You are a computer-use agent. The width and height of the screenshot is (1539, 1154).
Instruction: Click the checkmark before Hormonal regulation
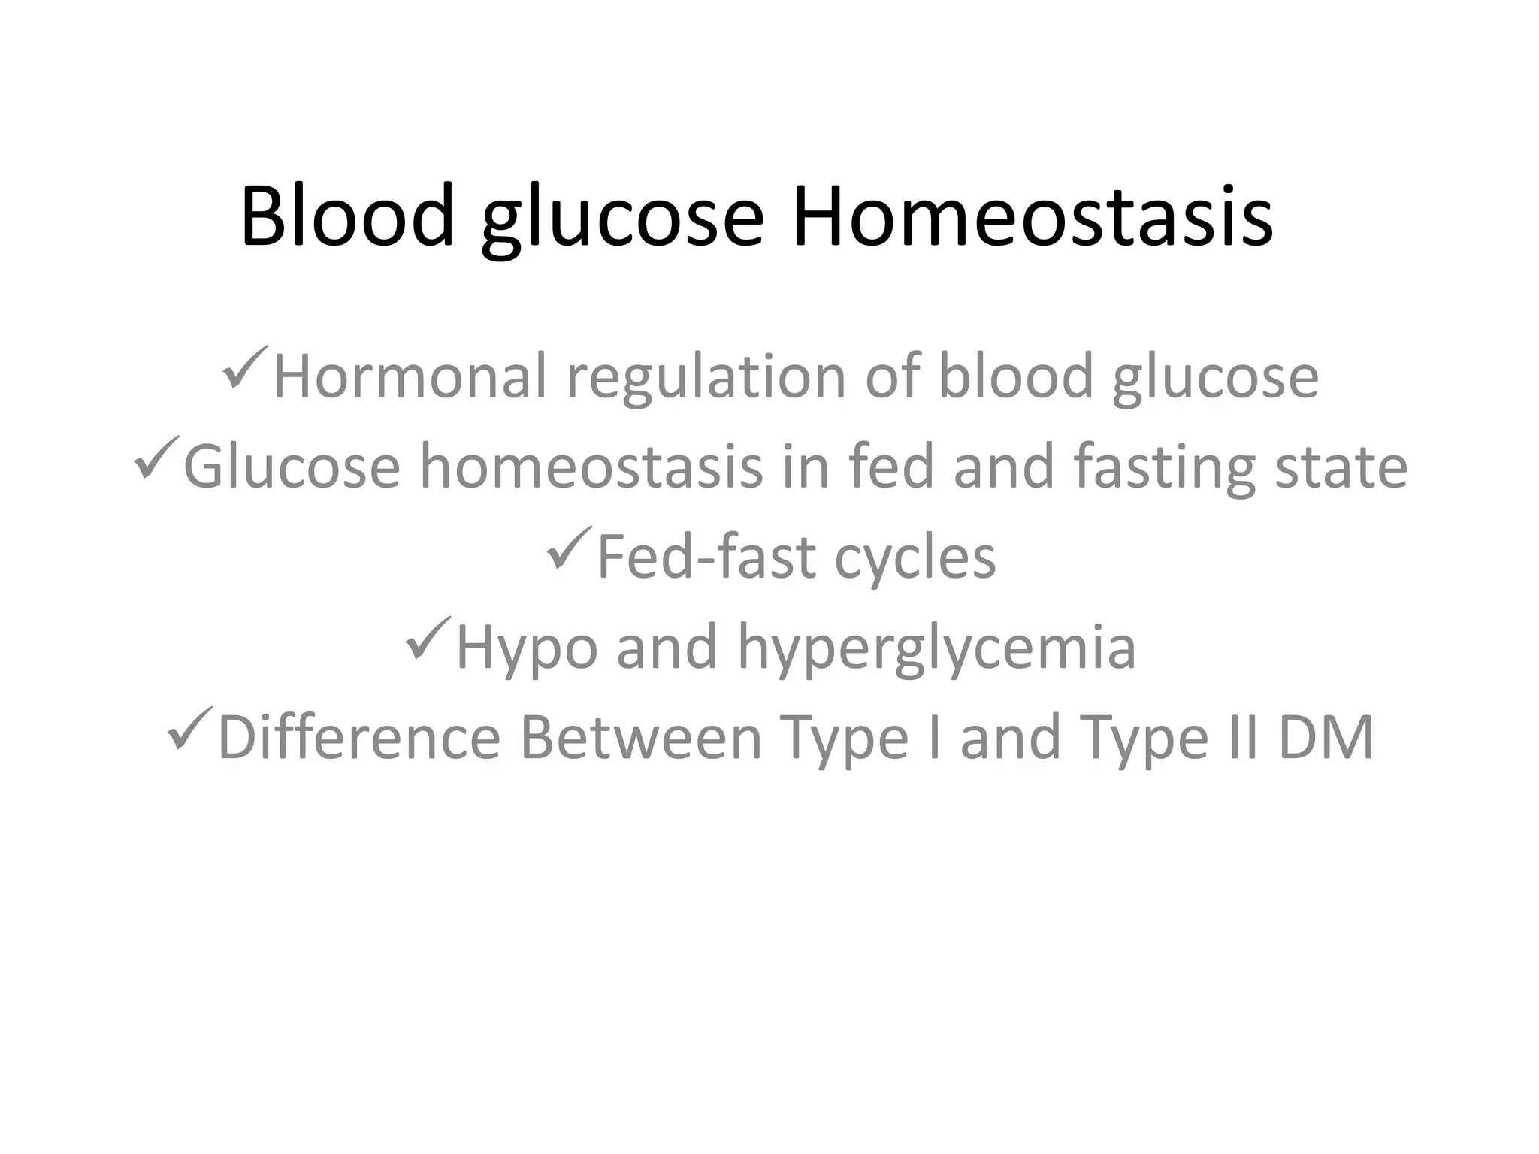click(244, 367)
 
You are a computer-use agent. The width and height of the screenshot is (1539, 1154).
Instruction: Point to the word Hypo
click(527, 648)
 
